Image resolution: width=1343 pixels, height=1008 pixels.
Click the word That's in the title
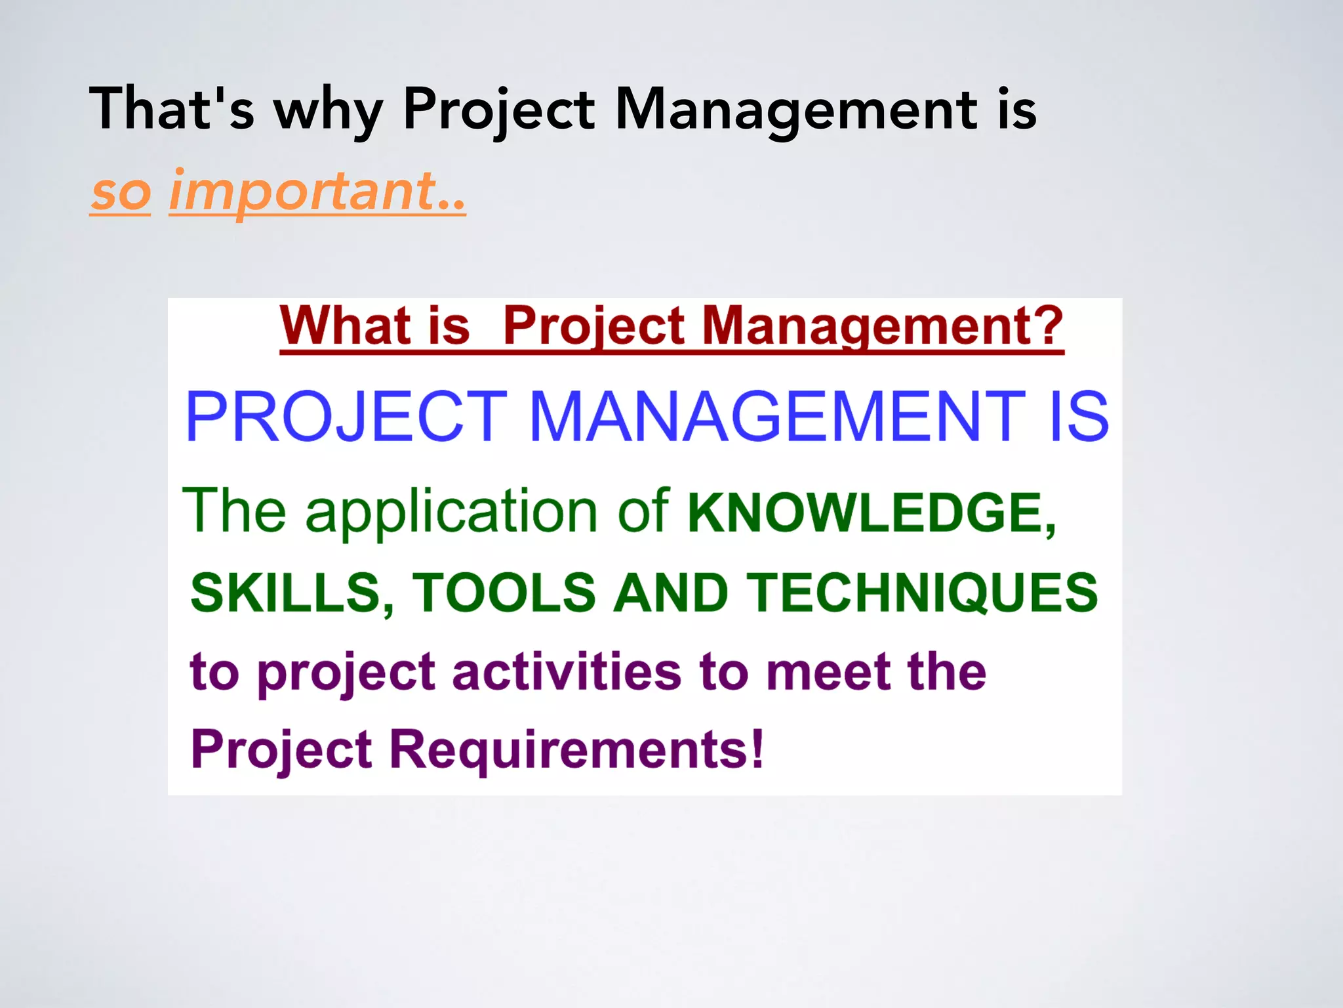pyautogui.click(x=171, y=109)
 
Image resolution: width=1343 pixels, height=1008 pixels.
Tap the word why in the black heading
pyautogui.click(x=328, y=112)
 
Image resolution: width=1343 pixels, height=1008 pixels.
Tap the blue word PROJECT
pyautogui.click(x=347, y=416)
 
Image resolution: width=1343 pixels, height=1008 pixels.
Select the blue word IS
pyautogui.click(x=1079, y=416)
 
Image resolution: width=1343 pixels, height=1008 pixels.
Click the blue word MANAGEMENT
pyautogui.click(x=776, y=416)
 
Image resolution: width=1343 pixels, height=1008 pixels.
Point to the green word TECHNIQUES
pyautogui.click(x=922, y=593)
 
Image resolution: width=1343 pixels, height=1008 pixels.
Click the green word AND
pyautogui.click(x=670, y=593)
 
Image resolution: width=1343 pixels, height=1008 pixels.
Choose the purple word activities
pyautogui.click(x=567, y=672)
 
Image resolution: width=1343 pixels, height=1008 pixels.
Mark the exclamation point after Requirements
pyautogui.click(x=757, y=749)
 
